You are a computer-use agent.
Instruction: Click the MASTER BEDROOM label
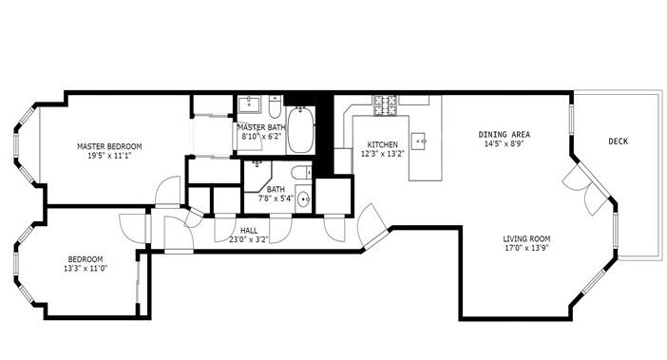pyautogui.click(x=109, y=146)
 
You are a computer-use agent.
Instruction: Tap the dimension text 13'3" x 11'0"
pyautogui.click(x=86, y=269)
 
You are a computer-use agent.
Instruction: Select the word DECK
pyautogui.click(x=618, y=142)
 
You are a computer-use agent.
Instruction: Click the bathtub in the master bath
pyautogui.click(x=300, y=132)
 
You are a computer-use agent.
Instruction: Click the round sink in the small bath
pyautogui.click(x=302, y=199)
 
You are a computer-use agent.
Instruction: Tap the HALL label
pyautogui.click(x=249, y=231)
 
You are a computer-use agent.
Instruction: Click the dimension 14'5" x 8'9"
pyautogui.click(x=504, y=144)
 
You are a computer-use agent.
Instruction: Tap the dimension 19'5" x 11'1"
pyautogui.click(x=108, y=156)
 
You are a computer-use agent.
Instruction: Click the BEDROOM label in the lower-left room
pyautogui.click(x=86, y=259)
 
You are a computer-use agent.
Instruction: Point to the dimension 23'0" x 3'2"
pyautogui.click(x=249, y=240)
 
